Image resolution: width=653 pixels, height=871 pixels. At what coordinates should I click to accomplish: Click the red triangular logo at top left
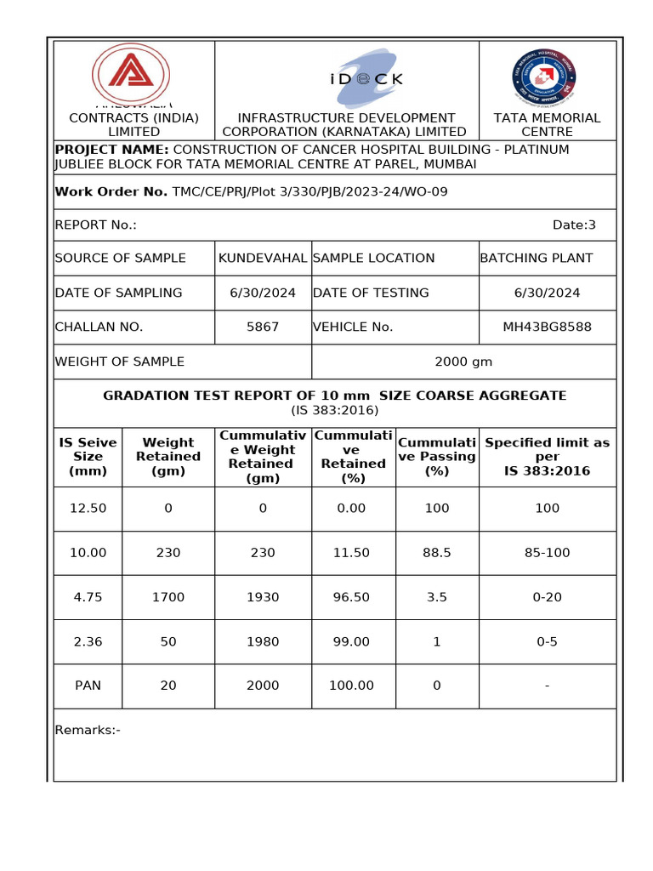click(x=130, y=74)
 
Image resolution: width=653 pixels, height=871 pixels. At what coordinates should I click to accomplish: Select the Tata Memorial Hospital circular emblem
click(x=546, y=76)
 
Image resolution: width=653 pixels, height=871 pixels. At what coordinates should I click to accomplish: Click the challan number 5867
click(x=263, y=327)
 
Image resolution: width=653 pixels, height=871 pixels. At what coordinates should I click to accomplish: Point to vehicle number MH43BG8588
click(x=547, y=327)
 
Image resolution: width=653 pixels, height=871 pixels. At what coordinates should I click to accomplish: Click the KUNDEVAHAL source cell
click(x=263, y=258)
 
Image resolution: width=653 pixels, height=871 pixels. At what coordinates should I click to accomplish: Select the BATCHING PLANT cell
click(x=537, y=258)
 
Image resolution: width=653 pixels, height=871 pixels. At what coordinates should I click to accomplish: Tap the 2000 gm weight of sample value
click(x=463, y=361)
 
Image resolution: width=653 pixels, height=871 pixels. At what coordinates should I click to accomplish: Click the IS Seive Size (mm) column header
click(x=88, y=457)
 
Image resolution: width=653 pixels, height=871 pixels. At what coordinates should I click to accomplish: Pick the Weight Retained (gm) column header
click(x=168, y=457)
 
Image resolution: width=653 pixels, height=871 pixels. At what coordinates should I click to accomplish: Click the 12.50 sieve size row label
click(x=88, y=508)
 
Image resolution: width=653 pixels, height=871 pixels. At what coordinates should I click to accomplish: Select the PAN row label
click(x=88, y=686)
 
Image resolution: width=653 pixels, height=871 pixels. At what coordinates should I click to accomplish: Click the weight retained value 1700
click(x=168, y=597)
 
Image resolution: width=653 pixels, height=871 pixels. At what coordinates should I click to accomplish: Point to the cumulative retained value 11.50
click(x=351, y=553)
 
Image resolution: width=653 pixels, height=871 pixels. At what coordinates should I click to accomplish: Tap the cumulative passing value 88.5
click(x=437, y=553)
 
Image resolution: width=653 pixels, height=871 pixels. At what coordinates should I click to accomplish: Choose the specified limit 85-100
click(x=547, y=553)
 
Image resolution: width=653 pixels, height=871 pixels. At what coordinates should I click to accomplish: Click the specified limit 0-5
click(x=547, y=641)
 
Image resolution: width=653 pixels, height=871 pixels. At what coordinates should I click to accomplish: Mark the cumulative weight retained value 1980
click(x=263, y=641)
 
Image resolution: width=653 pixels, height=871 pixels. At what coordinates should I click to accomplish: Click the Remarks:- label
click(x=88, y=730)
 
